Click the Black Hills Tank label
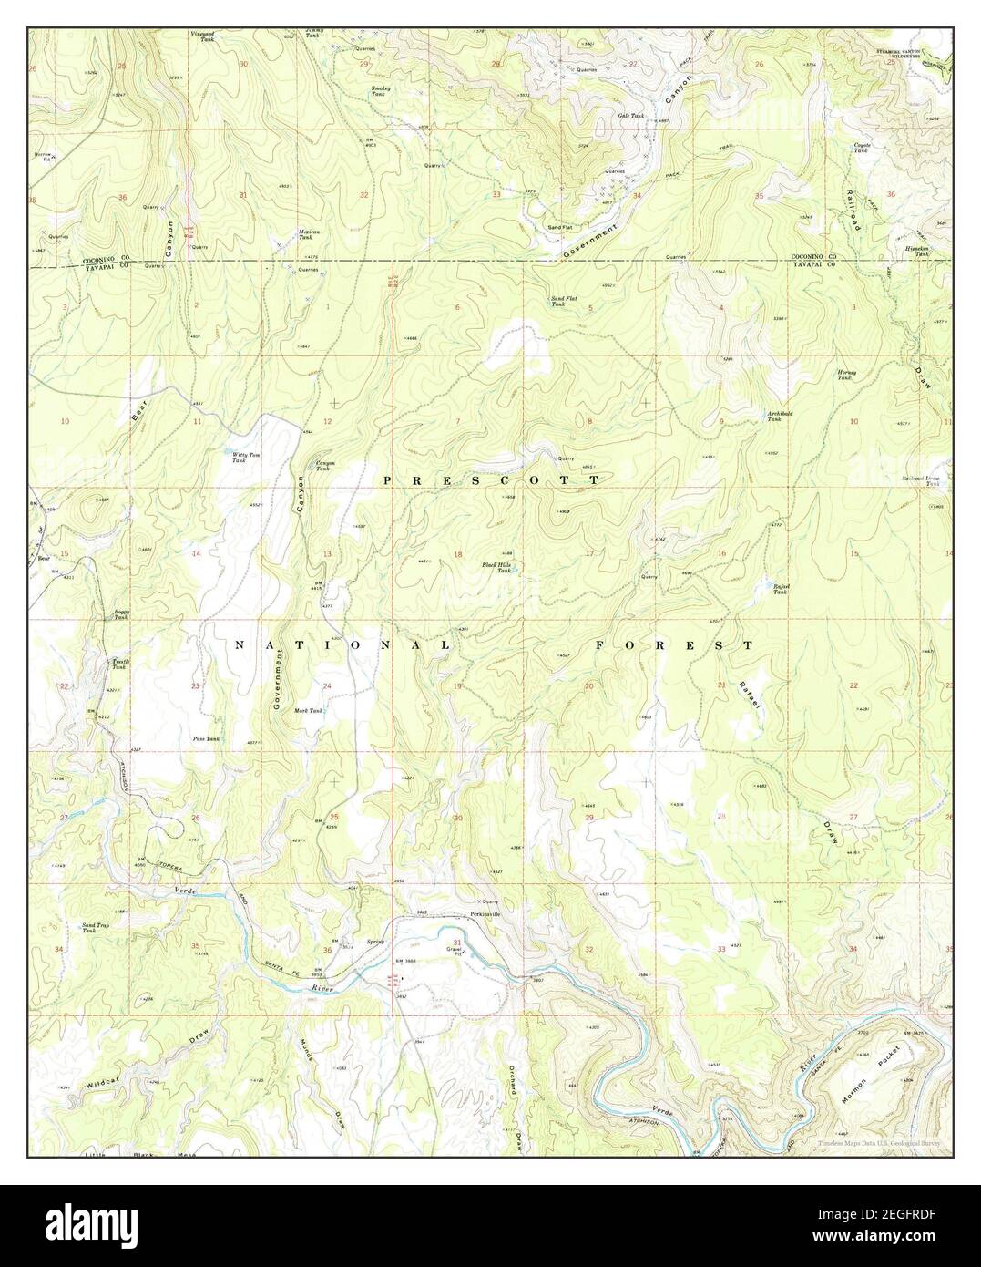tap(497, 568)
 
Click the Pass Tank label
tap(206, 739)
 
